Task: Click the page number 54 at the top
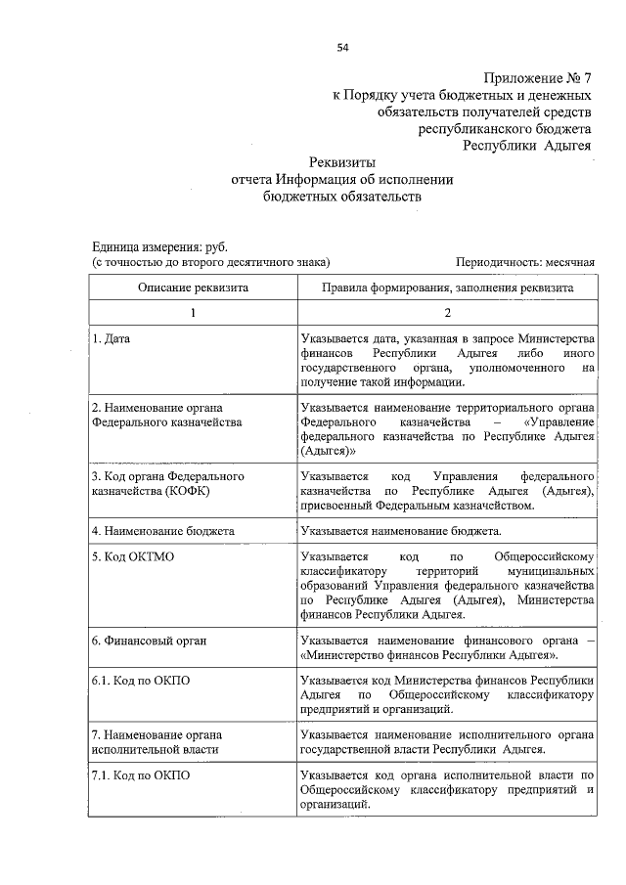pos(343,47)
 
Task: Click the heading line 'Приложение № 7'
pos(538,79)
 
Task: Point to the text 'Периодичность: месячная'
pos(525,263)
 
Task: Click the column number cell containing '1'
pos(193,313)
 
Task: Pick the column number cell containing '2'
pos(448,313)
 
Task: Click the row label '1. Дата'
pos(111,338)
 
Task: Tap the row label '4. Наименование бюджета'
pos(162,531)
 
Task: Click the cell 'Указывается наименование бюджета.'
pos(401,531)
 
